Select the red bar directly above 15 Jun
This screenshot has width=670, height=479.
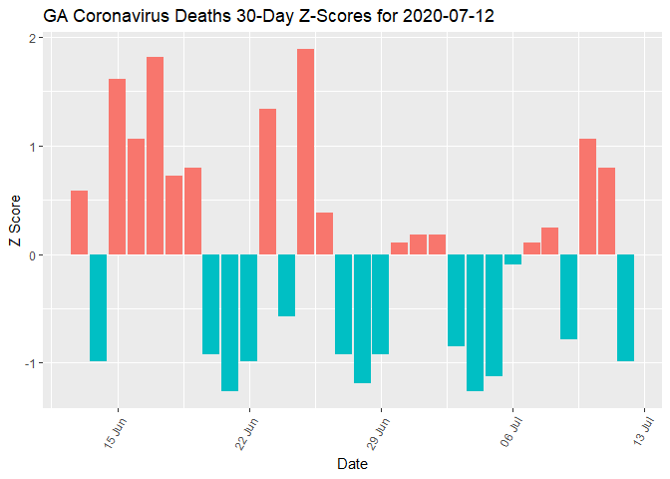pyautogui.click(x=117, y=167)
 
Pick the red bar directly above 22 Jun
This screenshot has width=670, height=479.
pyautogui.click(x=267, y=182)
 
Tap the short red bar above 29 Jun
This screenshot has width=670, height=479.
pyautogui.click(x=399, y=248)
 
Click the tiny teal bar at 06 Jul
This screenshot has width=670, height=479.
pyautogui.click(x=512, y=259)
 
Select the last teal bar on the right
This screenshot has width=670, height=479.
pyautogui.click(x=625, y=307)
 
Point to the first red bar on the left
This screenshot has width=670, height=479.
pyautogui.click(x=79, y=223)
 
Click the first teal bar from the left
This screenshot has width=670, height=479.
pyautogui.click(x=98, y=307)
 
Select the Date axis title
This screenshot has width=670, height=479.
pyautogui.click(x=352, y=464)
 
